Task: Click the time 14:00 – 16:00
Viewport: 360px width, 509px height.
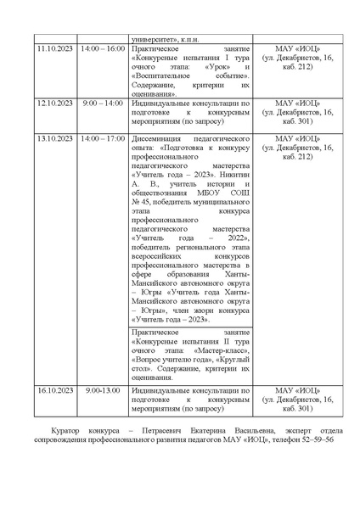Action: pos(103,49)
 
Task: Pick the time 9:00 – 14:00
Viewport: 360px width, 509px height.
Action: pos(103,103)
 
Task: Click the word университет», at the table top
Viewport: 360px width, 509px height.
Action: pos(153,38)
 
